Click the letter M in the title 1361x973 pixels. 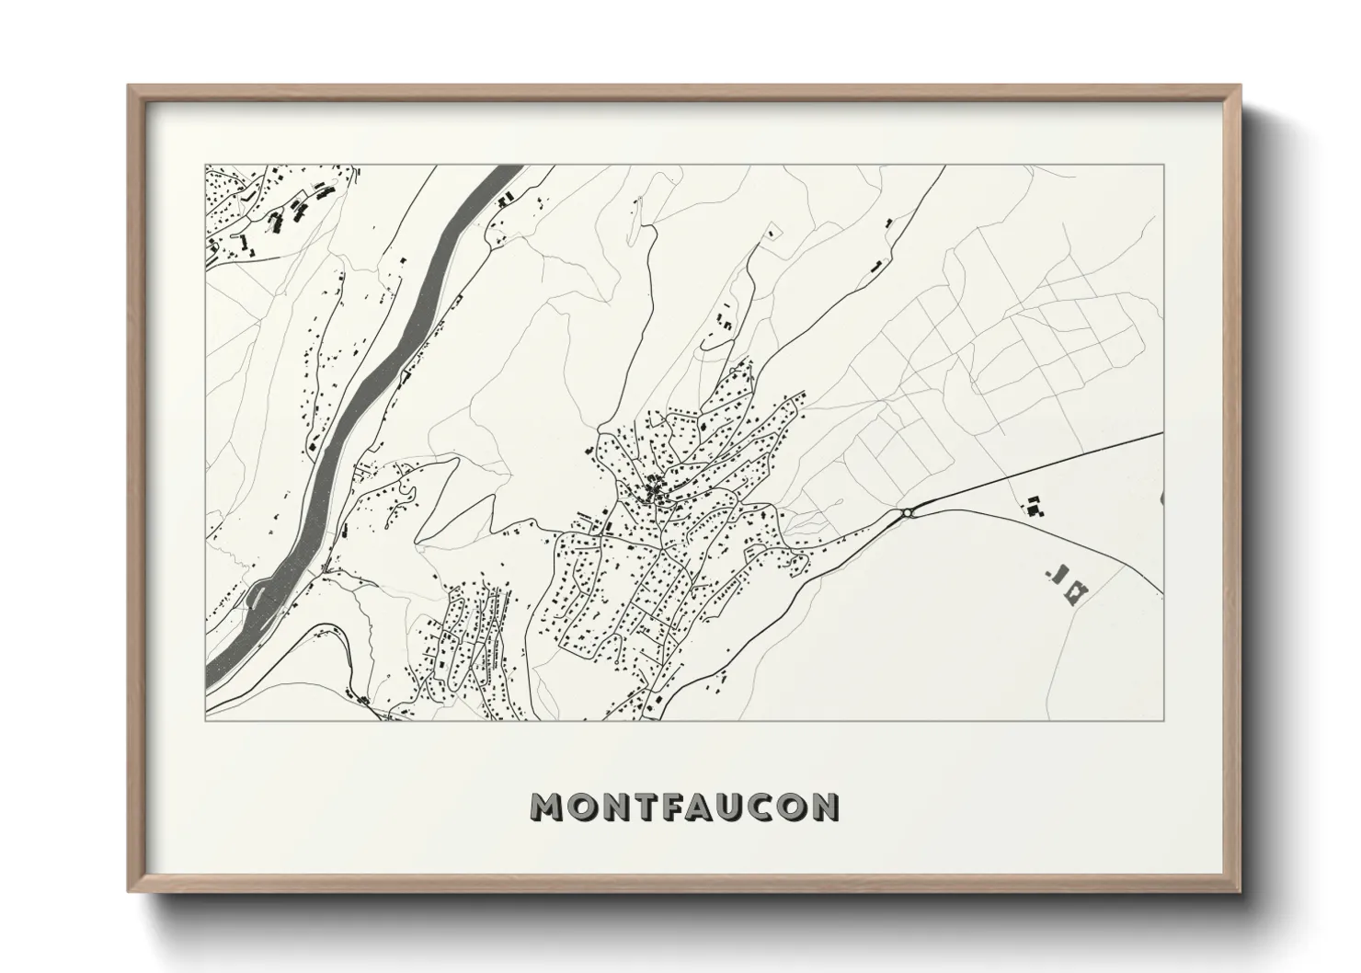[547, 807]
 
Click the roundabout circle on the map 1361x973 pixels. [908, 513]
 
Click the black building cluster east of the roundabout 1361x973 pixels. [1035, 505]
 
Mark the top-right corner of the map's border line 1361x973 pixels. [1164, 166]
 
